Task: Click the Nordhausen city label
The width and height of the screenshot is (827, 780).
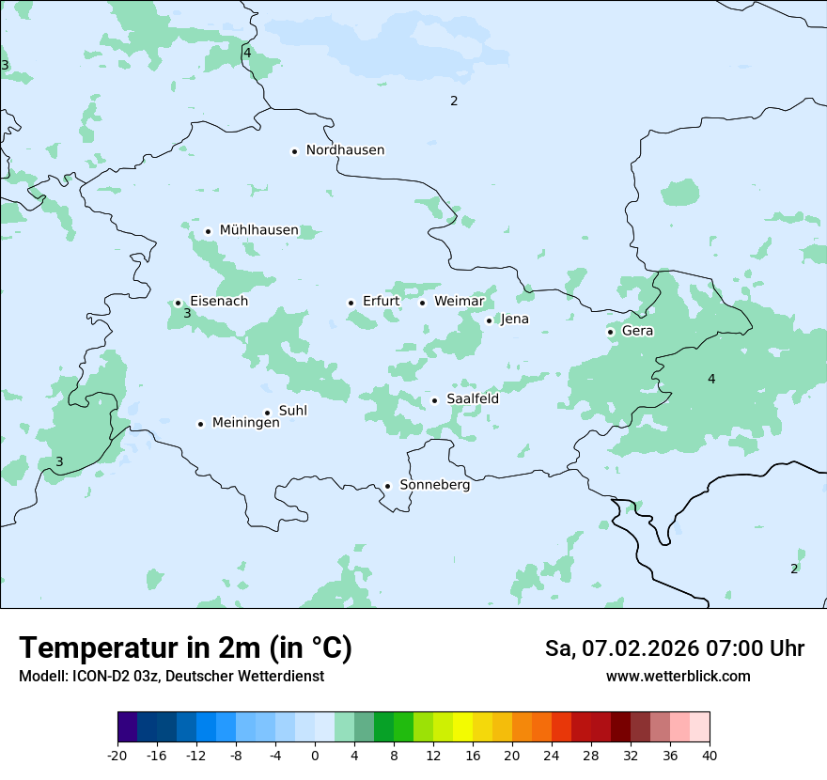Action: click(x=345, y=150)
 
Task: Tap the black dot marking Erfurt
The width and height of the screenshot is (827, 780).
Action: click(x=351, y=303)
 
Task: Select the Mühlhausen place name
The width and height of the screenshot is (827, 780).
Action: click(x=258, y=230)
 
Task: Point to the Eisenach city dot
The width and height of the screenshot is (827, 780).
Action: click(x=178, y=303)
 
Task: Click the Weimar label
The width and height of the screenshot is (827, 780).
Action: click(x=459, y=301)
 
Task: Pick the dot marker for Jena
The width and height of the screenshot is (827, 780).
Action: click(x=489, y=320)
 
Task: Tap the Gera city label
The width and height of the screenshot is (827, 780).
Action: click(x=637, y=331)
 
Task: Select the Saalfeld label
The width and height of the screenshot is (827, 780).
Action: click(x=472, y=398)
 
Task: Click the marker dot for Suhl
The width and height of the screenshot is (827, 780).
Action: click(x=267, y=413)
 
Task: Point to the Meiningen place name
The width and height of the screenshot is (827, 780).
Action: click(x=245, y=423)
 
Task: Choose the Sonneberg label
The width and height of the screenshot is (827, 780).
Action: click(x=434, y=485)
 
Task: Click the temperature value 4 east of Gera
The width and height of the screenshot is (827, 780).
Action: click(x=711, y=379)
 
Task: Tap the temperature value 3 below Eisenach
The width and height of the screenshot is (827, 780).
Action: click(x=187, y=314)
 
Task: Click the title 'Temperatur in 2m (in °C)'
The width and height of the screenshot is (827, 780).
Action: click(x=185, y=647)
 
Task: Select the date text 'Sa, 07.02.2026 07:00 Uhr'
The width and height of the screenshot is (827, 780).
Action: click(x=674, y=648)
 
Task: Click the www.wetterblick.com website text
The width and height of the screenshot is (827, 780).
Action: click(x=678, y=676)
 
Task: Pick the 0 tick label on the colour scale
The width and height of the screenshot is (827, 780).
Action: click(x=315, y=755)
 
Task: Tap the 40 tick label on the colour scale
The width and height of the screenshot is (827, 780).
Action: click(x=709, y=755)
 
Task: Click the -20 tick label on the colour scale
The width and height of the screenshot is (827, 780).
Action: click(x=117, y=755)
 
